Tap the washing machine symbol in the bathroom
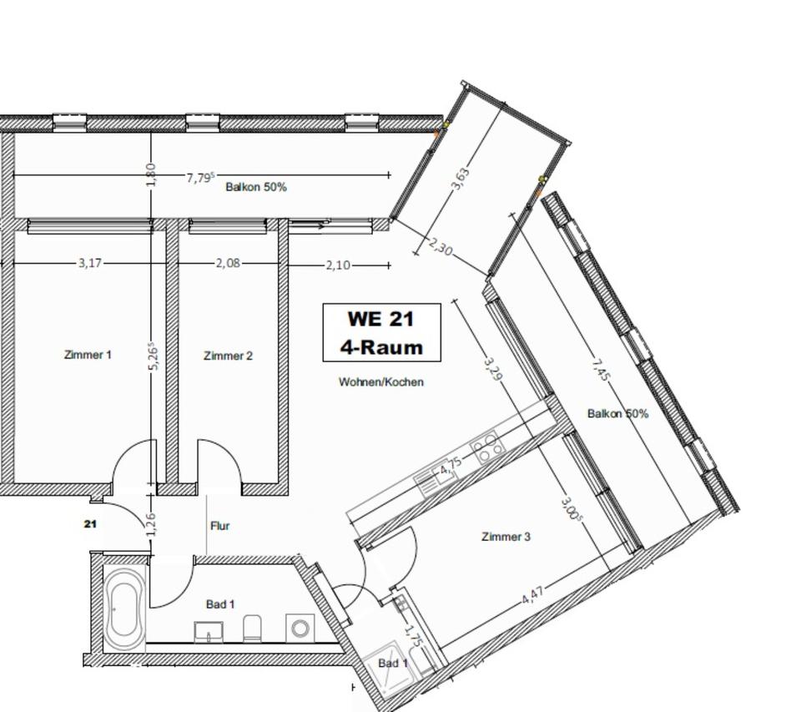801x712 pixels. coord(300,627)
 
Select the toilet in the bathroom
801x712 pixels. coord(252,628)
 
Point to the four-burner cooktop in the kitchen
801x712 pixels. coord(487,447)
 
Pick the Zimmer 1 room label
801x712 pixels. coord(88,355)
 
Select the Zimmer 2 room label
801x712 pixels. coord(229,356)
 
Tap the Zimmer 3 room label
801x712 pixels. coord(506,537)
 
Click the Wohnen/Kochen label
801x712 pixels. coord(381,381)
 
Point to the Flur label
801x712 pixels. coord(220,525)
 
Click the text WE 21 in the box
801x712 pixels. coord(380,319)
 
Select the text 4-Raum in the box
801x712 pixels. coord(381,347)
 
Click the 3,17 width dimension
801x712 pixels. coord(90,263)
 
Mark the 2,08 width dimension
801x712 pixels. coord(228,263)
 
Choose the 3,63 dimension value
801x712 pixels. coord(460,179)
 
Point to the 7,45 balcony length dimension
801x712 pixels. coord(601,370)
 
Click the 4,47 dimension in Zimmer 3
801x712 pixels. coord(533,595)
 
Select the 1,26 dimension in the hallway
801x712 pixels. coord(152,525)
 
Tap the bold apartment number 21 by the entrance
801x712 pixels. coord(90,524)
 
